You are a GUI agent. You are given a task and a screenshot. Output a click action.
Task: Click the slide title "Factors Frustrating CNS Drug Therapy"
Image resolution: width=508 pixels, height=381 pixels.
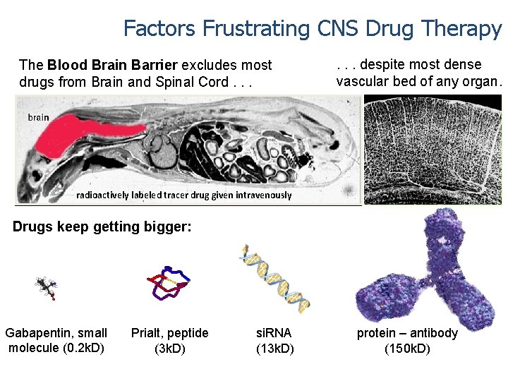[313, 28]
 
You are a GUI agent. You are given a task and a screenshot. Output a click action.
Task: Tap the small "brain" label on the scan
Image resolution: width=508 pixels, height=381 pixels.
[39, 117]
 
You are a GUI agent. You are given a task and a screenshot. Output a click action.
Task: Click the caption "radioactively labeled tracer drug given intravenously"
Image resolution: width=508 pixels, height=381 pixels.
[183, 195]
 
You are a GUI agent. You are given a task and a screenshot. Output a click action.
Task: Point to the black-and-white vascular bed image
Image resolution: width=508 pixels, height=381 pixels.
[432, 150]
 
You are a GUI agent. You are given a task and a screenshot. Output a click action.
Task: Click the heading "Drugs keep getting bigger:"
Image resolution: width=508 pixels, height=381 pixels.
[102, 227]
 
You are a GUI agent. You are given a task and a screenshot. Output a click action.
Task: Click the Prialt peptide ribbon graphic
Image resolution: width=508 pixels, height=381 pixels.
[168, 283]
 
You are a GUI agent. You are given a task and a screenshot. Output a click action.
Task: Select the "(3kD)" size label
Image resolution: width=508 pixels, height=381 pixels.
[169, 348]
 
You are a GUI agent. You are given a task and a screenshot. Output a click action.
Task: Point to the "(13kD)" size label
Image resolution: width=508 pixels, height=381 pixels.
[274, 348]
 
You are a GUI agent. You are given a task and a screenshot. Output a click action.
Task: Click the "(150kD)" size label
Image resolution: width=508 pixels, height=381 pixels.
[407, 348]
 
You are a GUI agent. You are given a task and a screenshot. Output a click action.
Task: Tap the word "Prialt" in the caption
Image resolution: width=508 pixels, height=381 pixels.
[146, 333]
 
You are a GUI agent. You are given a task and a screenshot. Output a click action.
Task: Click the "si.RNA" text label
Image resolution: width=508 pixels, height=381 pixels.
[274, 333]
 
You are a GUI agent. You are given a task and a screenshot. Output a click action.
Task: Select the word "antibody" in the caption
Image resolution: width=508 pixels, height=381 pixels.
[433, 333]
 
